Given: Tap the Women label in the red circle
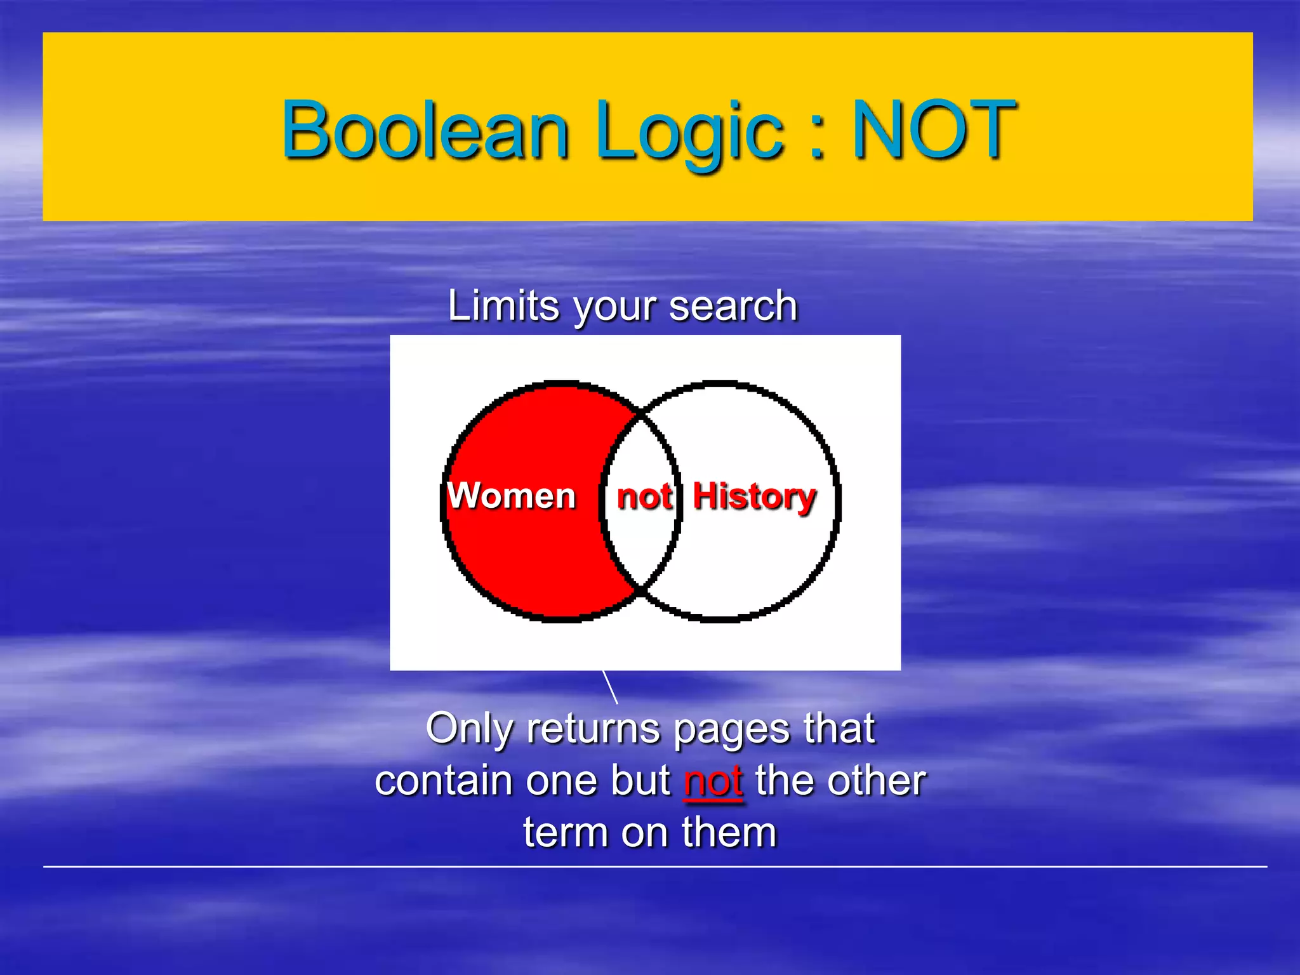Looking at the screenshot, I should pos(512,495).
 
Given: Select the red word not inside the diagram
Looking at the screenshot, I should pos(644,496).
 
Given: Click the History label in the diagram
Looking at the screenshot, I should pos(754,496).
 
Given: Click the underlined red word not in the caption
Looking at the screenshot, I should pos(713,781).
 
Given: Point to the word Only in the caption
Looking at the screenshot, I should pos(469,729).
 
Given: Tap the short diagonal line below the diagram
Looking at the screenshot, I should pos(610,687).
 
